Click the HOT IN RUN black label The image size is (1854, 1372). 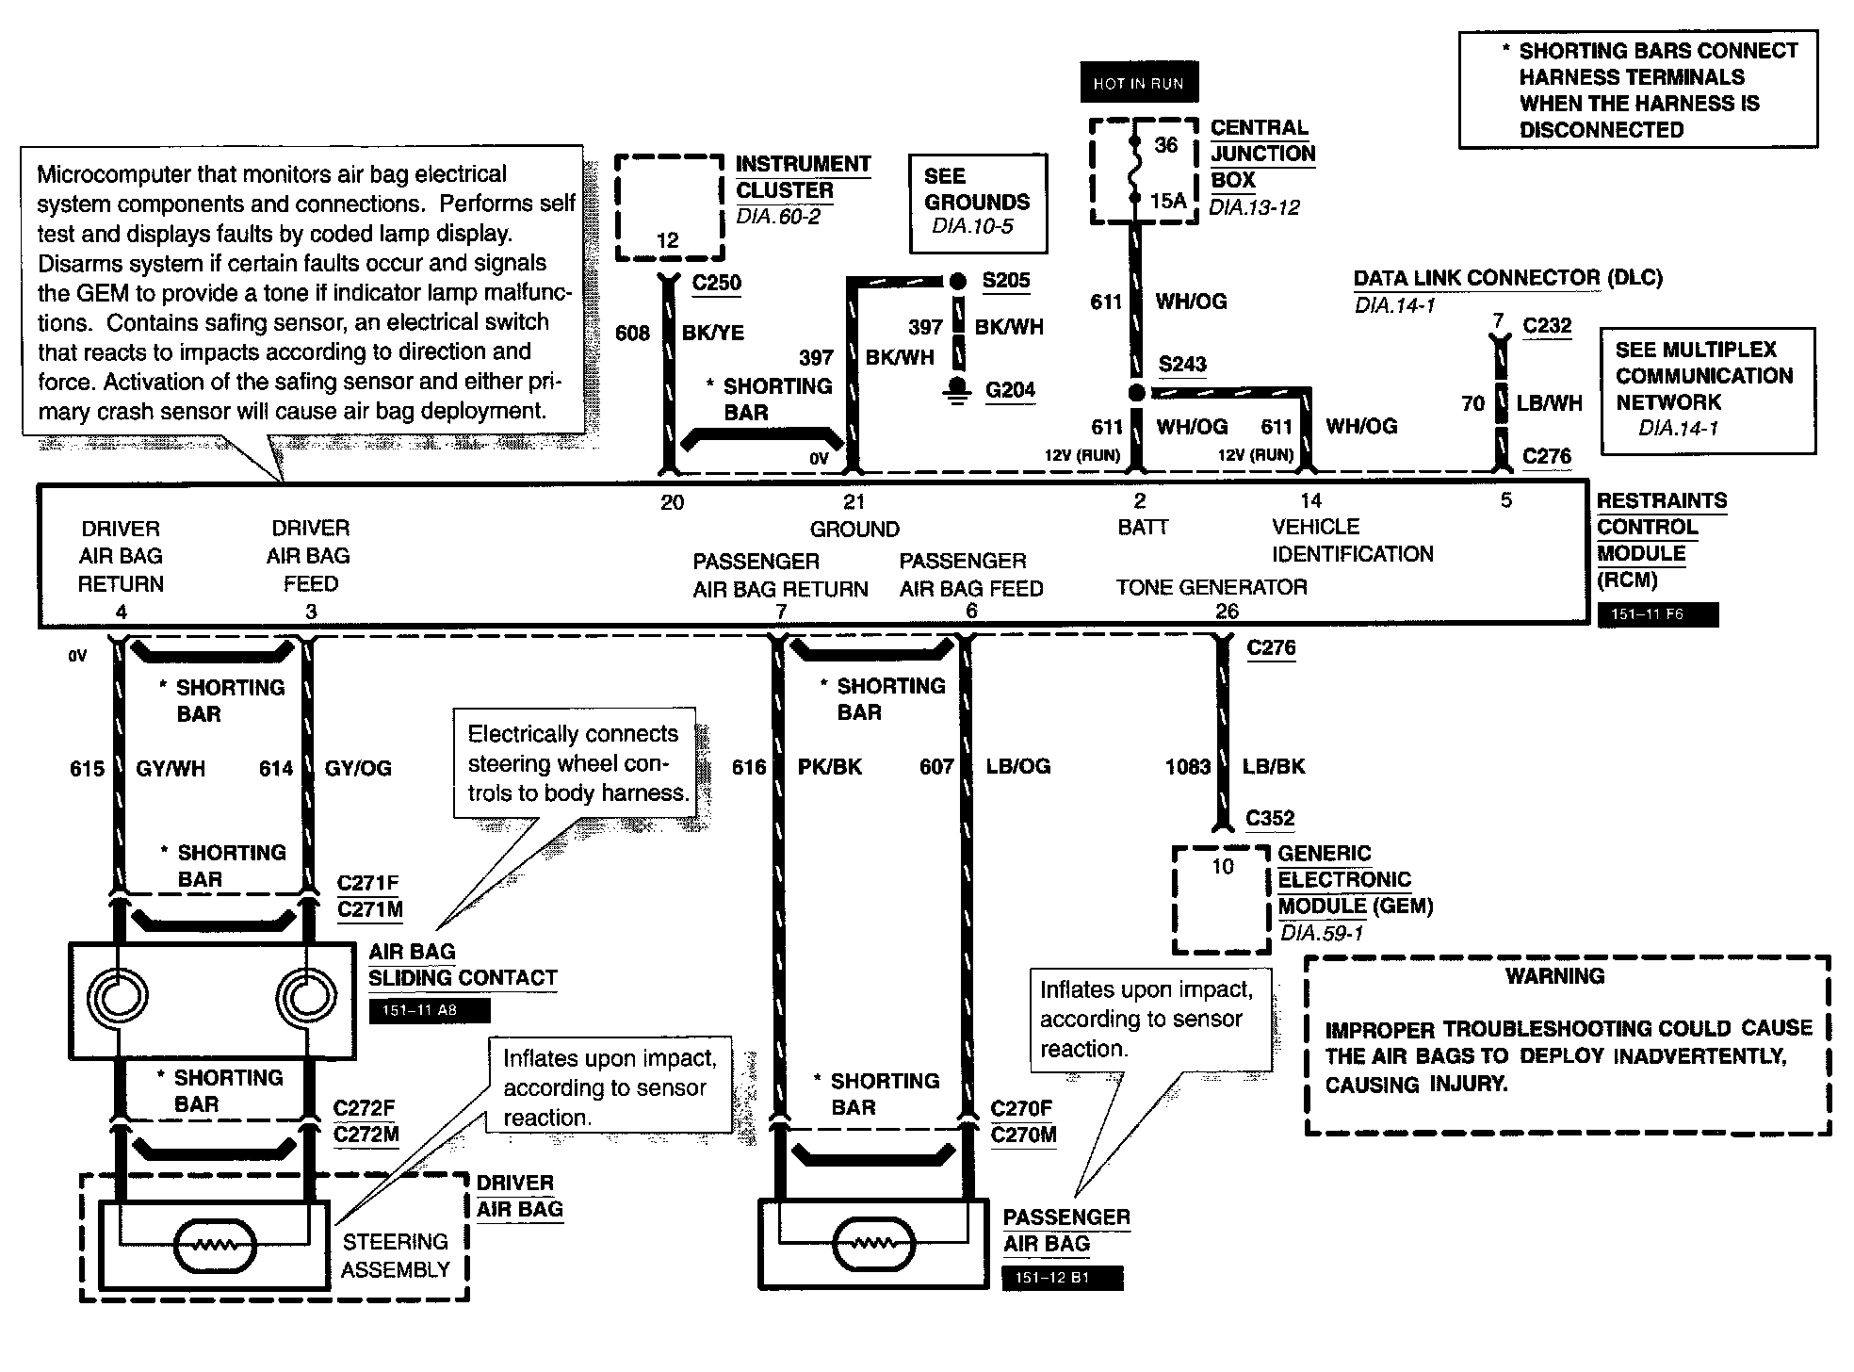1138,84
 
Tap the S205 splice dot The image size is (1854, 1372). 957,281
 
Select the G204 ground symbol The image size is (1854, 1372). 958,390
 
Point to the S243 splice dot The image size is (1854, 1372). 1137,392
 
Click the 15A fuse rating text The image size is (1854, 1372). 1167,200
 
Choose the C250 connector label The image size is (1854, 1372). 716,283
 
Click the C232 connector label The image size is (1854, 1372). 1547,326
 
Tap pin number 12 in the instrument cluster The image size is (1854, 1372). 667,240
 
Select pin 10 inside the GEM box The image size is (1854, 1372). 1222,867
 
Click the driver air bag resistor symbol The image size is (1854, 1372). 214,1248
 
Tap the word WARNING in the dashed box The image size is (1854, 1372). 1554,976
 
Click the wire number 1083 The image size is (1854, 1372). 1187,767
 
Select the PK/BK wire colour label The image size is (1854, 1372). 829,767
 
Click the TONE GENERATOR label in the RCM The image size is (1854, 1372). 1212,588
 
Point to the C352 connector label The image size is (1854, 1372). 1270,818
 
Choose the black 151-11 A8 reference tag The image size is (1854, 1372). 429,1011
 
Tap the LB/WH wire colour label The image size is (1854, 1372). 1549,403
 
